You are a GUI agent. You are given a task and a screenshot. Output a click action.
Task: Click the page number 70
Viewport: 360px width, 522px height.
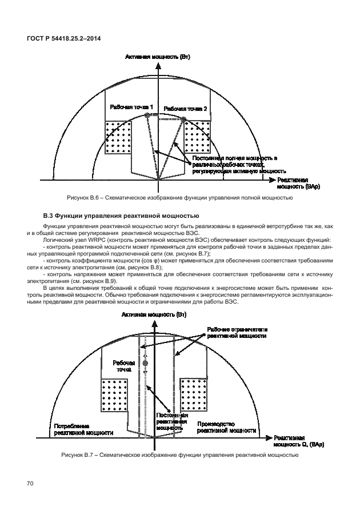pos(31,484)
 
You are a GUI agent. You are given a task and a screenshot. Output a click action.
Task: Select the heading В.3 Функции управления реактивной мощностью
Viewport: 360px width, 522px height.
pos(121,216)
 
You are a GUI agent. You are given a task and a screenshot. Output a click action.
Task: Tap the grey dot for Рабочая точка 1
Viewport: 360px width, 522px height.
pos(147,115)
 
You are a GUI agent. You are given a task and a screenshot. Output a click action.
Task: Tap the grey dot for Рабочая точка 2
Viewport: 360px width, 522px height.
pos(185,119)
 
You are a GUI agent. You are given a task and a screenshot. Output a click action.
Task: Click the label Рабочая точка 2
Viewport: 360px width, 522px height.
pos(185,109)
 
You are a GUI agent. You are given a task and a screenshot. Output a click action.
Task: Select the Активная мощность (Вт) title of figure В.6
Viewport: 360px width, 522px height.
pos(158,58)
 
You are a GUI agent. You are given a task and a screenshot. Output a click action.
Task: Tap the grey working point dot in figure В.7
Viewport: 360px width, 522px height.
pos(145,363)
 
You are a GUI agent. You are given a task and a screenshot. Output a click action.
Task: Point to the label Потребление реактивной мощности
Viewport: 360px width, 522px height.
pos(80,430)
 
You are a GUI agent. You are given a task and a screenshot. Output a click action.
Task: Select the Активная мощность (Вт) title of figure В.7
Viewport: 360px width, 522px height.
pos(154,315)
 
